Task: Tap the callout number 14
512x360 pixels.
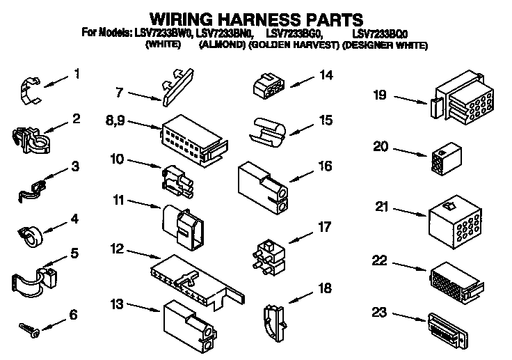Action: [326, 75]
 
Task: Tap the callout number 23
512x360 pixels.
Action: [380, 313]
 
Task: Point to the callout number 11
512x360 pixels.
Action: [118, 201]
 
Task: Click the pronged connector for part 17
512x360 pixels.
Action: [268, 256]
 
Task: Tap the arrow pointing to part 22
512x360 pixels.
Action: [410, 266]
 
